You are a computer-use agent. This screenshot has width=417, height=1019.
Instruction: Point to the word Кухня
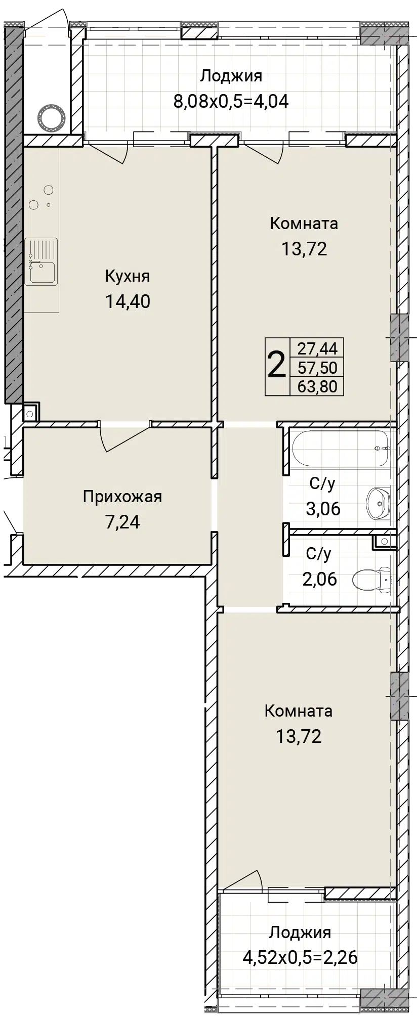128,277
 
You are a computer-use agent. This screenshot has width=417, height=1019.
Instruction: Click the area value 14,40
128,301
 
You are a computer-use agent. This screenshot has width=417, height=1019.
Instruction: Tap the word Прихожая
122,497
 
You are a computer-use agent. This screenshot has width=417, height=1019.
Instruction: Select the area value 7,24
122,521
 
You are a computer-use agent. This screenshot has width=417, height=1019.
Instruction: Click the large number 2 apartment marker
276,366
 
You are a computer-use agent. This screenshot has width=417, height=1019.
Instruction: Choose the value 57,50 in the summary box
317,367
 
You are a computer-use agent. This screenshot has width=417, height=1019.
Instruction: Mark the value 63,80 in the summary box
317,386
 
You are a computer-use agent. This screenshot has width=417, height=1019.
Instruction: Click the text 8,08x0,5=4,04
231,101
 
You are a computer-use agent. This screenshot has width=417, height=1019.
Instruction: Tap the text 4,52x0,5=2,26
300,957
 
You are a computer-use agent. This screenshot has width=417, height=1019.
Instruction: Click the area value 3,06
323,508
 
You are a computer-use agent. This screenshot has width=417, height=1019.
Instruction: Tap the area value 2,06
319,579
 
